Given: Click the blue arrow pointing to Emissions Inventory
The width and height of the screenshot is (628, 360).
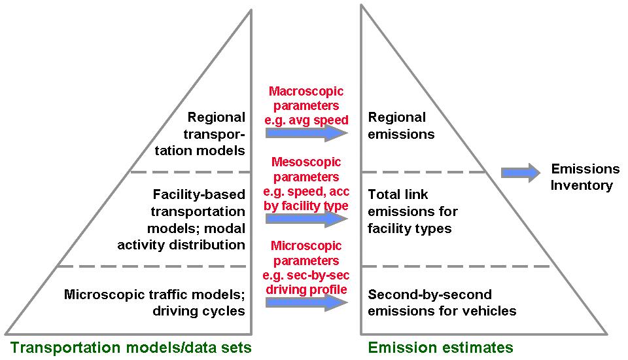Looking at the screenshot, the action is [520, 173].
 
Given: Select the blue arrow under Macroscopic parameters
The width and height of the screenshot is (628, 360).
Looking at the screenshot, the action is [306, 133].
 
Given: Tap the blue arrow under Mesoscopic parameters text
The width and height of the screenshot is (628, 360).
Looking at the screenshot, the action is [306, 219].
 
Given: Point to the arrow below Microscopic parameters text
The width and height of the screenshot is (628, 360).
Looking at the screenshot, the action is [306, 302].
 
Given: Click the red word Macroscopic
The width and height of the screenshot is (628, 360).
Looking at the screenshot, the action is [306, 91].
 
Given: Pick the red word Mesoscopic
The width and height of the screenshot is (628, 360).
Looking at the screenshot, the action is [306, 162].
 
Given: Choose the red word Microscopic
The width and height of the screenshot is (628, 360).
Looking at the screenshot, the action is [306, 245].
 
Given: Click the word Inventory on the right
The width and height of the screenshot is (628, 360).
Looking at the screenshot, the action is [582, 185].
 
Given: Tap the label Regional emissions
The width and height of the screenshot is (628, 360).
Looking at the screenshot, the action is [401, 126].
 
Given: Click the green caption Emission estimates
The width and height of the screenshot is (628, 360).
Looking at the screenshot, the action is [440, 347].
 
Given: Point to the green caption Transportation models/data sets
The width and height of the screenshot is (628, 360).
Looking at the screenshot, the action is [131, 347].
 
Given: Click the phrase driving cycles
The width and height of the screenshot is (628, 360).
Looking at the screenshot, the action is [199, 311].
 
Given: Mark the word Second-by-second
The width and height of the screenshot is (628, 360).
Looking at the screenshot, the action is [430, 295].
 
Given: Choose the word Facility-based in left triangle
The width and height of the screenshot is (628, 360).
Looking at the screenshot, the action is [199, 194].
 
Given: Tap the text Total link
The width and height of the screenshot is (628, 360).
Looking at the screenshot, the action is [398, 194].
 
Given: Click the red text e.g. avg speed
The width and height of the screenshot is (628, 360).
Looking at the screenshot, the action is [306, 120].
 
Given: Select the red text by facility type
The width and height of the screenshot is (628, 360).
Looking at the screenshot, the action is [306, 206].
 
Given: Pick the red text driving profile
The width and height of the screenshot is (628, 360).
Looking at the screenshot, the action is [306, 289].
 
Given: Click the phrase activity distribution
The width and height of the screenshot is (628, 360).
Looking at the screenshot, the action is [181, 245].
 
